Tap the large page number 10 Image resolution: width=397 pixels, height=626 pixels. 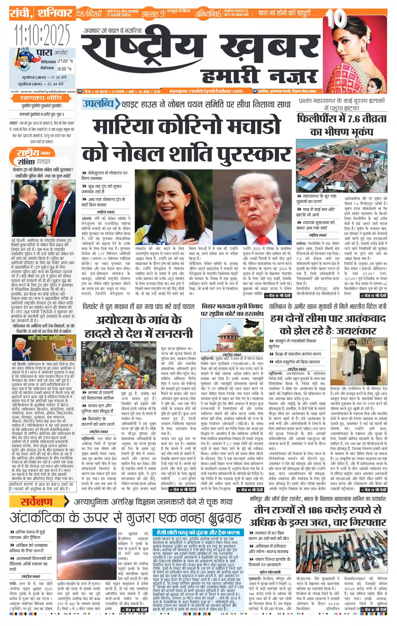point(336,19)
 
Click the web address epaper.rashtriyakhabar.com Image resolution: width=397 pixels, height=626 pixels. point(206,91)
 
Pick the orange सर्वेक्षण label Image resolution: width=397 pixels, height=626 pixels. point(36,501)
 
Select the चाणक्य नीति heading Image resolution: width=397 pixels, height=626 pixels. point(41,98)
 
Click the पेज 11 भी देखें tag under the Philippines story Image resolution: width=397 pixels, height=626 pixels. point(373,295)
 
